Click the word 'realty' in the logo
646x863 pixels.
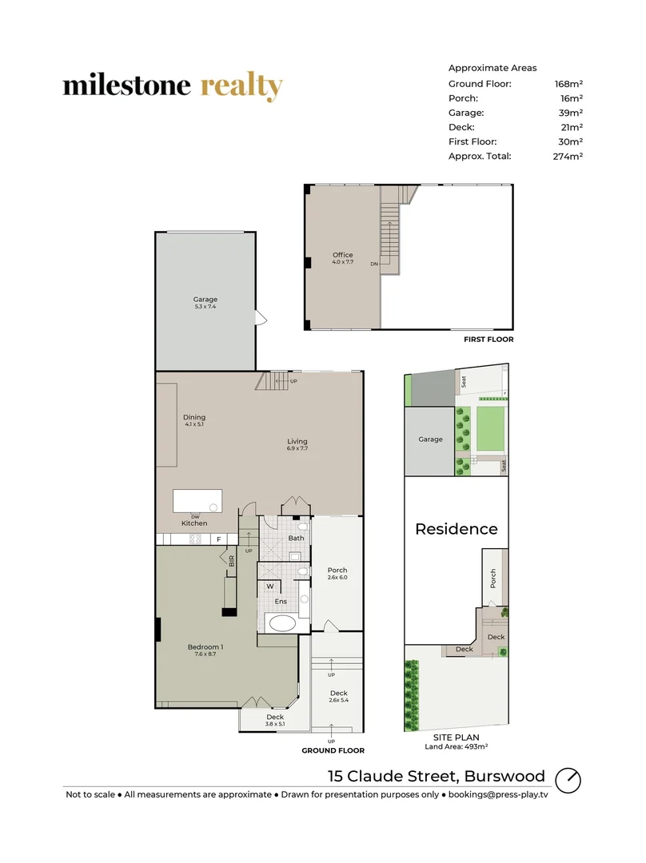[x=241, y=86]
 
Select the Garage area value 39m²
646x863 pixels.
[x=568, y=113]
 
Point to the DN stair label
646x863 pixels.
[x=373, y=264]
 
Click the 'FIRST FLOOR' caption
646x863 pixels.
[x=488, y=340]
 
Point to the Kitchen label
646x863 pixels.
[x=194, y=523]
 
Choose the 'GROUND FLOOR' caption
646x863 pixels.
[x=333, y=750]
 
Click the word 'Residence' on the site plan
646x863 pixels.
[x=456, y=529]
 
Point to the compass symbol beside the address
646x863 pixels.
[x=568, y=778]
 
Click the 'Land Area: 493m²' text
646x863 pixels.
[x=457, y=747]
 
